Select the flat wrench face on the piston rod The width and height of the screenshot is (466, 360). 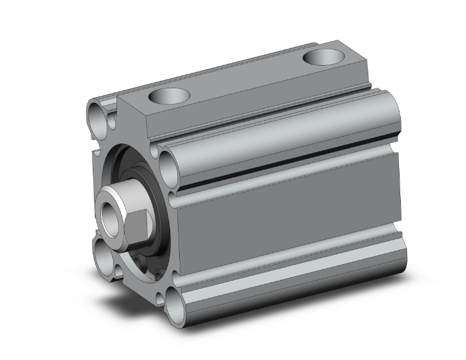pyautogui.click(x=138, y=224)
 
